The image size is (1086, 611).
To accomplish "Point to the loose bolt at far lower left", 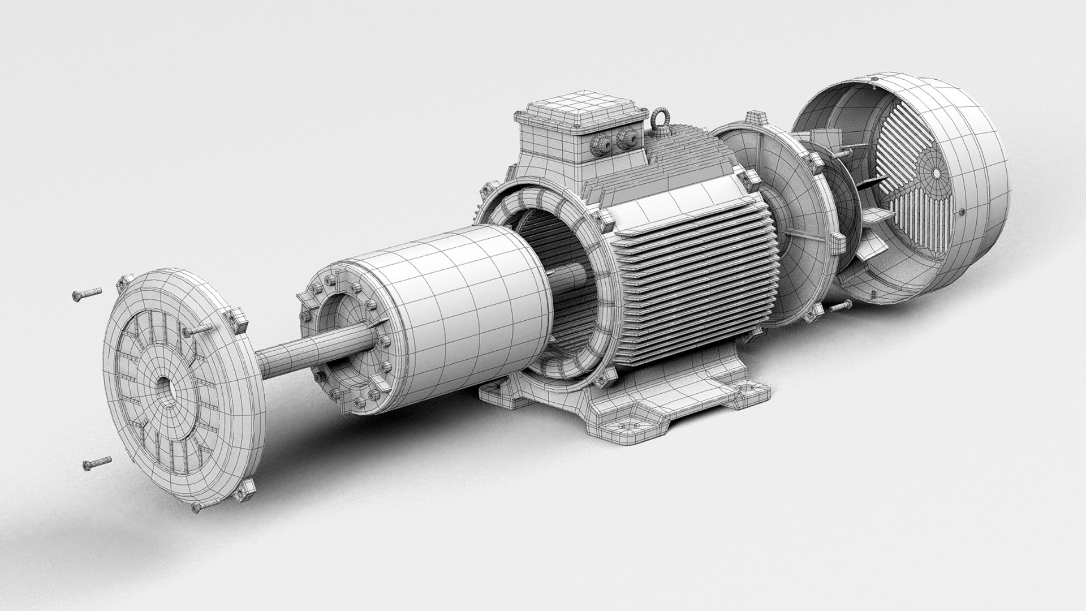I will tap(96, 463).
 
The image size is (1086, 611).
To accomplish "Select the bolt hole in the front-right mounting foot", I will tap(626, 424).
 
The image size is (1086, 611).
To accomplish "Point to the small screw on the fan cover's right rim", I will tap(962, 213).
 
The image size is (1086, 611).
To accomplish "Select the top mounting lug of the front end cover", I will tap(125, 281).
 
